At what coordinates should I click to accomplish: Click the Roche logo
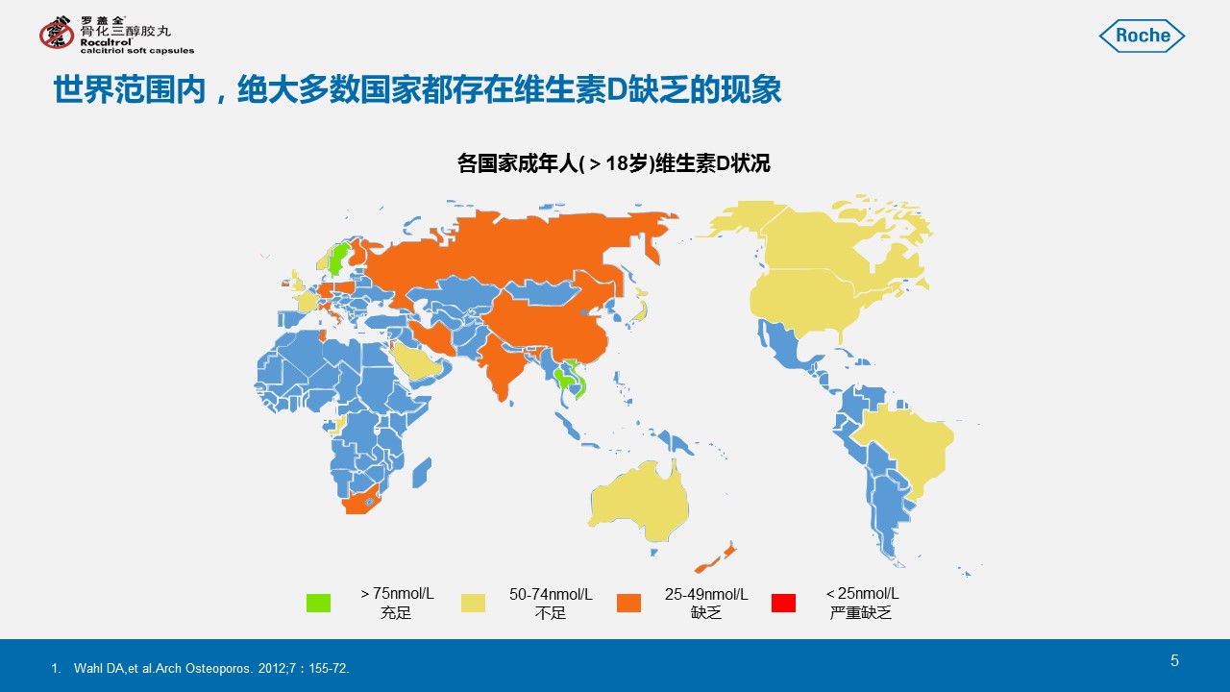(x=1142, y=36)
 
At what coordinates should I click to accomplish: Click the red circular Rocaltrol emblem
(x=57, y=33)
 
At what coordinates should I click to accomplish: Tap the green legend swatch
(x=318, y=603)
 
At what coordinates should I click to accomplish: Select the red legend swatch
(x=783, y=603)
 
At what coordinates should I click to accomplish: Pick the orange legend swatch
(x=628, y=603)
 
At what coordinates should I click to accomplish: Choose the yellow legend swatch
(x=474, y=603)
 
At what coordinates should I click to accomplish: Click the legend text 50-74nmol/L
(x=551, y=594)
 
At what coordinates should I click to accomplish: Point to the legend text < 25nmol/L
(x=862, y=594)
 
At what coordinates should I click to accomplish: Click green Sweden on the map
(x=337, y=259)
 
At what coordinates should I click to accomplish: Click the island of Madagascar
(x=421, y=473)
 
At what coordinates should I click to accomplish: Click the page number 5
(x=1174, y=660)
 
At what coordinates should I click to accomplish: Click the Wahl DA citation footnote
(x=201, y=668)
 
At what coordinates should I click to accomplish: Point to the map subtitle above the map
(x=614, y=163)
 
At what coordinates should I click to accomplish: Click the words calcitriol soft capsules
(x=137, y=51)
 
